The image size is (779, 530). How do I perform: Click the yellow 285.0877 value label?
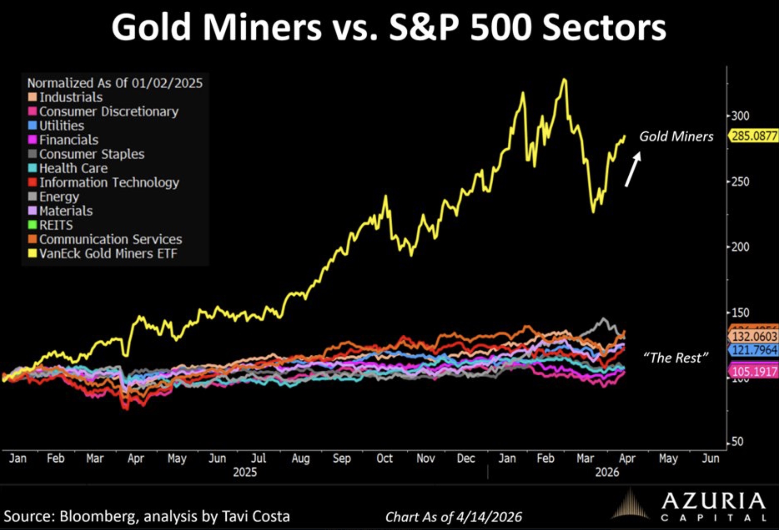[754, 136]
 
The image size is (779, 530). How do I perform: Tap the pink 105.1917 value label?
[754, 372]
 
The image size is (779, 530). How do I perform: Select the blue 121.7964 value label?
[754, 350]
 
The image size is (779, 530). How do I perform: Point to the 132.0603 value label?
[754, 336]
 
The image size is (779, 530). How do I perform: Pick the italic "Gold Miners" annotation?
[676, 137]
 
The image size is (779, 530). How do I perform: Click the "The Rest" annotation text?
[676, 358]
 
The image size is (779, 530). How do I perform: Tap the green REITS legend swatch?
[32, 225]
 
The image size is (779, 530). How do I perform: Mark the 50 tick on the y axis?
[737, 442]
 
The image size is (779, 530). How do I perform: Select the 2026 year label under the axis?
[607, 472]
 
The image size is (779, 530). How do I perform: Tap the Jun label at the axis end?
[711, 458]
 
